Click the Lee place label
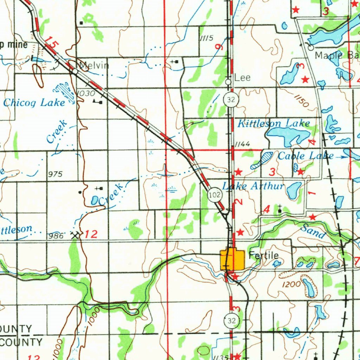(x=242, y=78)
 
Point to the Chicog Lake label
(x=34, y=103)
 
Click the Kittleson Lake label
(x=274, y=123)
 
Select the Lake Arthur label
(x=253, y=186)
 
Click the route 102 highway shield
(x=214, y=195)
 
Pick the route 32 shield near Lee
(x=231, y=100)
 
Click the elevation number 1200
(x=291, y=284)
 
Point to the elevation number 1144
(x=242, y=144)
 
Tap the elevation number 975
(x=55, y=174)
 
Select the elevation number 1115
(x=206, y=38)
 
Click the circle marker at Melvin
(x=75, y=71)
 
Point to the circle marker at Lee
(x=228, y=82)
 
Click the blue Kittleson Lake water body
(x=287, y=135)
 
